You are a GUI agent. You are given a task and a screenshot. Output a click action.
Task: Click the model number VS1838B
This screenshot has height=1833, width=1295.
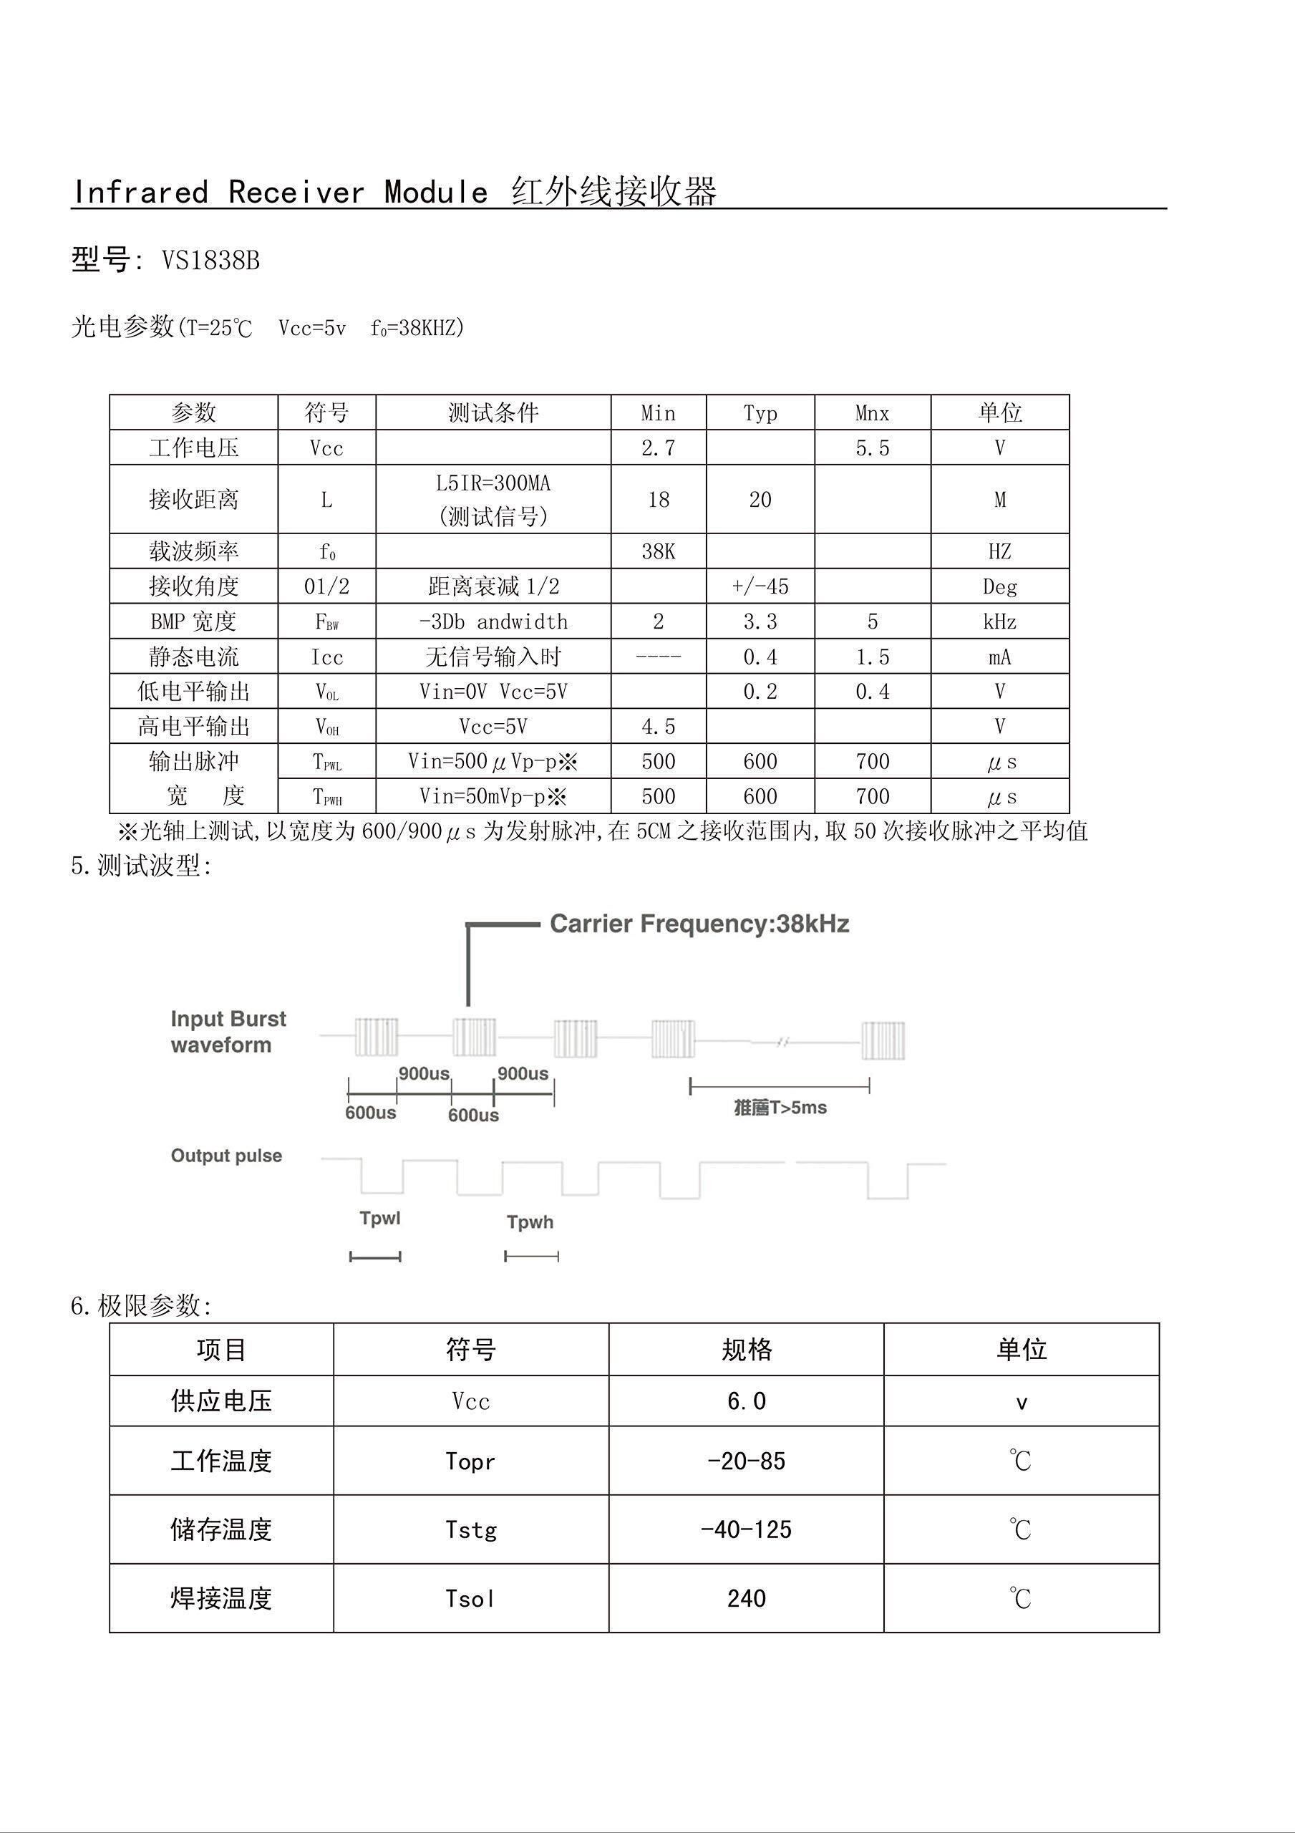210,260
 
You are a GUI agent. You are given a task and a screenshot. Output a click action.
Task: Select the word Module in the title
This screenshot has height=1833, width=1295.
435,193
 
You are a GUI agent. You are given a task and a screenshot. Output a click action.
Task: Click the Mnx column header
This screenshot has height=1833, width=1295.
872,412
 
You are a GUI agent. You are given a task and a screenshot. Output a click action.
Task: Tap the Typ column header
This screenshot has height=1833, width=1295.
760,412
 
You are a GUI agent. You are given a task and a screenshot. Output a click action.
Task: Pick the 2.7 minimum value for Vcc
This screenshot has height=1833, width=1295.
658,448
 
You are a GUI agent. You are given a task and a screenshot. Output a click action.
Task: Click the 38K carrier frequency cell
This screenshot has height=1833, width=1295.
658,551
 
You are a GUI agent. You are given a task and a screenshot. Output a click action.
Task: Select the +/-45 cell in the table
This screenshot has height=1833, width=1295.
760,587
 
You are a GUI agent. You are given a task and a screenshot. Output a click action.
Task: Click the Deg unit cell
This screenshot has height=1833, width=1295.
999,587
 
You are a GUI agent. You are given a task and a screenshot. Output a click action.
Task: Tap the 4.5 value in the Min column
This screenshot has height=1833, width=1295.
658,727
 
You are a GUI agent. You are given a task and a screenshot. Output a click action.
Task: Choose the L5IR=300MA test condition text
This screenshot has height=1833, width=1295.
493,483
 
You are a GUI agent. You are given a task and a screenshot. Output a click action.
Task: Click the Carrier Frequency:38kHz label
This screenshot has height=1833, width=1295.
699,924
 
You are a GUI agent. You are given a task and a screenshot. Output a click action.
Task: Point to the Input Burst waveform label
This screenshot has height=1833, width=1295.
228,1032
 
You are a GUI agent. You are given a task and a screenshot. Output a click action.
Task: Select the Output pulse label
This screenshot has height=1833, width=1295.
226,1155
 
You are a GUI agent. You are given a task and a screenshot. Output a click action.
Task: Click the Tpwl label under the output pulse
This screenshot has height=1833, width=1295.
379,1217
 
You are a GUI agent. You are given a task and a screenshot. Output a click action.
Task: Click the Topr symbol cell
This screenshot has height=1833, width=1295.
470,1461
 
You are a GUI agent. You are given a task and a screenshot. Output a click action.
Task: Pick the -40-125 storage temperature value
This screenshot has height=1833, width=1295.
746,1529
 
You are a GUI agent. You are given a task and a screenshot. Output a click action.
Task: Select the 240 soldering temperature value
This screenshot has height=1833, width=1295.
746,1598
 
